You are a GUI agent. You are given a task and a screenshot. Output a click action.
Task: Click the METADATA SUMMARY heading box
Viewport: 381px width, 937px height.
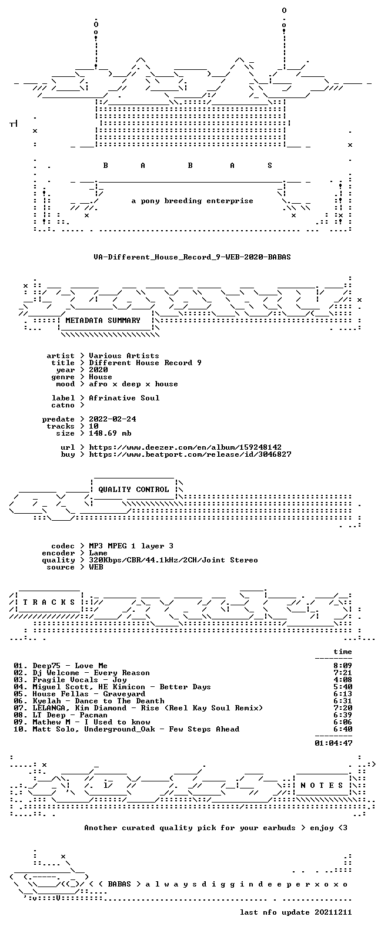[x=103, y=321]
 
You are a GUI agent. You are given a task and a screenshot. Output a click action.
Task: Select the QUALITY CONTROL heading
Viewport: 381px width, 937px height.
[x=133, y=490]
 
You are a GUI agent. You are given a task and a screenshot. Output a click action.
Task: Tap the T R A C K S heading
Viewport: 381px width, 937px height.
[x=49, y=602]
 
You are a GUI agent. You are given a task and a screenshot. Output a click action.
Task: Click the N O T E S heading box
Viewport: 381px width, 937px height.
[x=322, y=786]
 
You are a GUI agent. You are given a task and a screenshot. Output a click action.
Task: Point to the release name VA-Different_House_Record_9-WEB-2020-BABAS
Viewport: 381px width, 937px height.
[x=192, y=257]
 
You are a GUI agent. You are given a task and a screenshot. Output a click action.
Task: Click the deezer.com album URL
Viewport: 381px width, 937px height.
[x=185, y=447]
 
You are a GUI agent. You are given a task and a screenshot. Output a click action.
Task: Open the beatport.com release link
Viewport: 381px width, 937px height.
[x=190, y=454]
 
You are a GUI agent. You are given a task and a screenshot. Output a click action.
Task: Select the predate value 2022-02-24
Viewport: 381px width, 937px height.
[x=112, y=419]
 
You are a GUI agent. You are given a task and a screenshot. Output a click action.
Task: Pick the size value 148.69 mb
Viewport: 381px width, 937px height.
[x=110, y=433]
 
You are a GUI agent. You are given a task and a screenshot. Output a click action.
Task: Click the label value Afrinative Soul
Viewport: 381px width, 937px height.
[x=124, y=398]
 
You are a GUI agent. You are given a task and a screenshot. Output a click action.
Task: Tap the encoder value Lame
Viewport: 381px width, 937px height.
[x=98, y=553]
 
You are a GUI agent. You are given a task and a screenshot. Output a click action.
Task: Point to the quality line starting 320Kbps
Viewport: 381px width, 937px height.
[x=173, y=560]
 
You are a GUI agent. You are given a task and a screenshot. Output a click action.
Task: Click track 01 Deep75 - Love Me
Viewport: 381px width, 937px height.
[x=61, y=666]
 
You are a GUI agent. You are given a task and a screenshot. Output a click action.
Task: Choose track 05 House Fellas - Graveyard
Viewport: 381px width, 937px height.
[x=79, y=694]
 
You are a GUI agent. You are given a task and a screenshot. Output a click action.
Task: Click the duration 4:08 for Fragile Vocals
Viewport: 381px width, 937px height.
[x=343, y=680]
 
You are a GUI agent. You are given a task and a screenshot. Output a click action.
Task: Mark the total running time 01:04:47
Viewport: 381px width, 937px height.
[x=333, y=743]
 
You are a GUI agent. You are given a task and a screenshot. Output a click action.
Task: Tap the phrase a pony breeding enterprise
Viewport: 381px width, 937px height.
[x=192, y=201]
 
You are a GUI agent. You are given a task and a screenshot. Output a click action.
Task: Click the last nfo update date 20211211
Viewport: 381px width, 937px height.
[x=333, y=912]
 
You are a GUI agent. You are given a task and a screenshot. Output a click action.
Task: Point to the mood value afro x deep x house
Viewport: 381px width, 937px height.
[x=133, y=384]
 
